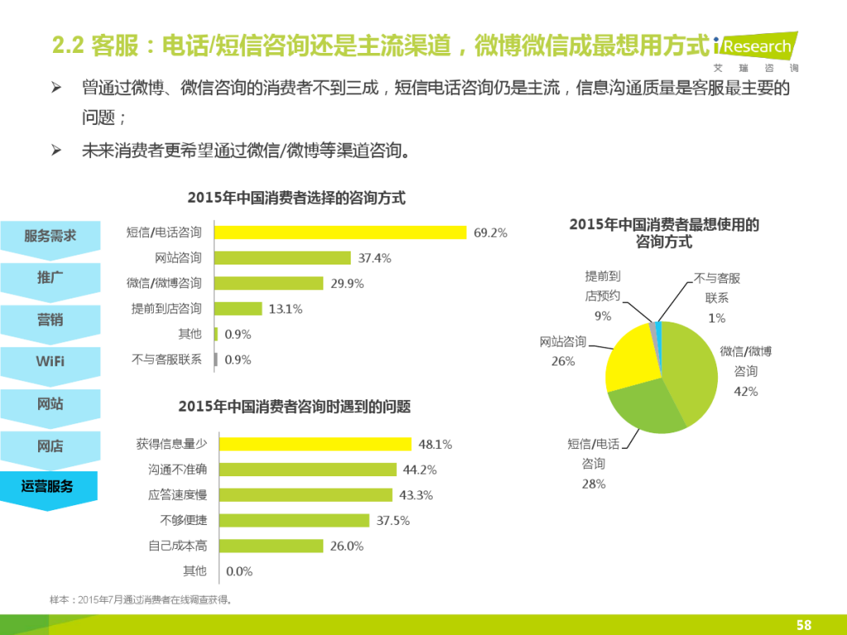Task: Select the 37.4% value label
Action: coord(375,258)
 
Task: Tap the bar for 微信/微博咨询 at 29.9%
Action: coord(269,284)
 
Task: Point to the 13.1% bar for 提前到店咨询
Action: coord(240,309)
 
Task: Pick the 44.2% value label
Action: coord(419,470)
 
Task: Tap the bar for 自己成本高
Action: coord(271,546)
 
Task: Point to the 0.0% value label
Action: coord(239,571)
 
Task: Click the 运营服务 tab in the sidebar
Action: coord(48,487)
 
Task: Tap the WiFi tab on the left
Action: coord(50,361)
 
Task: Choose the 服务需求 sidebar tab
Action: coord(50,236)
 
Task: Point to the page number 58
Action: coord(803,624)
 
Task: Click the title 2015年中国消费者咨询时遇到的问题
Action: coord(294,407)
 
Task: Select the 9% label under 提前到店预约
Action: coord(602,316)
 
